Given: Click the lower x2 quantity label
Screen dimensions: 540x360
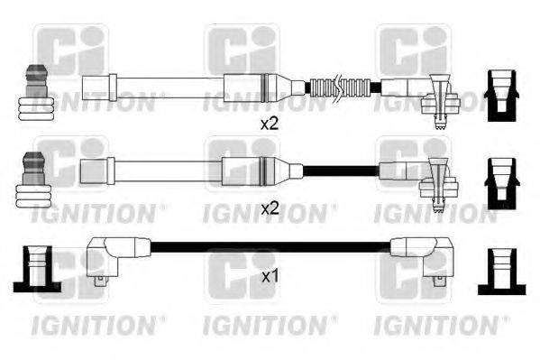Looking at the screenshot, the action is click(x=270, y=208).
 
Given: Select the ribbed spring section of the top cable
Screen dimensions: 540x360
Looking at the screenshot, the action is click(x=340, y=88).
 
